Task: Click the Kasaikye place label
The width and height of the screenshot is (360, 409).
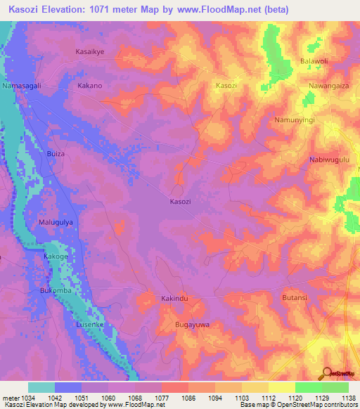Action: pos(89,51)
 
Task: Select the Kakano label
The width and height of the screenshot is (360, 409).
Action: pos(90,86)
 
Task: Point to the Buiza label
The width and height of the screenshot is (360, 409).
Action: pos(56,153)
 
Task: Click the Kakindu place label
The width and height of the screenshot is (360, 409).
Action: pos(175,299)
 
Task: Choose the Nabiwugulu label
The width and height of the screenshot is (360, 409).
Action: pos(329,160)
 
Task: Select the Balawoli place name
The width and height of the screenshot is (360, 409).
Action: pos(316,62)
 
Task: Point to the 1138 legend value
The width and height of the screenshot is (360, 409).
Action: pos(347,398)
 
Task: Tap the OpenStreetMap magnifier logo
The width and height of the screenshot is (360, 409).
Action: pos(327,373)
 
